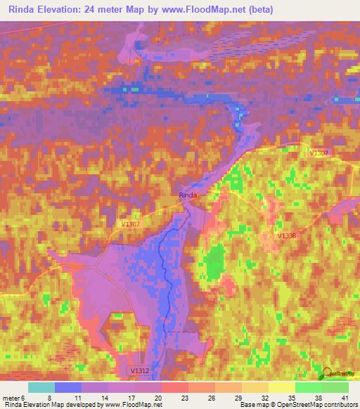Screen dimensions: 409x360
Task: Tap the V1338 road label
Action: click(287, 236)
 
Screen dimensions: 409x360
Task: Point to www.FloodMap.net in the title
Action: click(206, 11)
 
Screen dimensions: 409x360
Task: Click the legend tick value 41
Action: click(345, 398)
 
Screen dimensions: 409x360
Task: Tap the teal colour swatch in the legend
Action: click(41, 387)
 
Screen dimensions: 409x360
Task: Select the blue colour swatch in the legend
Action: click(68, 387)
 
